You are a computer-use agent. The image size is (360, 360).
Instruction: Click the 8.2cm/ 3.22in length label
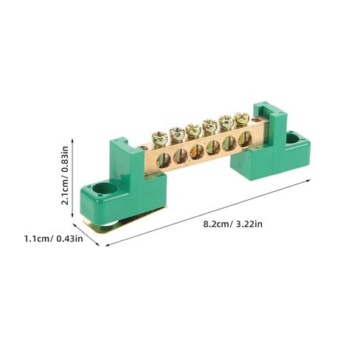pos(232,224)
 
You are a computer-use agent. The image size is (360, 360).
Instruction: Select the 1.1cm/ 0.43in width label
pos(53,238)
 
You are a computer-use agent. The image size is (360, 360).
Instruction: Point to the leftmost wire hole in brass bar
pos(164,160)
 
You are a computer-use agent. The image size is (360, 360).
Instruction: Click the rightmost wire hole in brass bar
pos(245,139)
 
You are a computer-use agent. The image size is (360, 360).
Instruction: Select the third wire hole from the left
pos(197,151)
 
